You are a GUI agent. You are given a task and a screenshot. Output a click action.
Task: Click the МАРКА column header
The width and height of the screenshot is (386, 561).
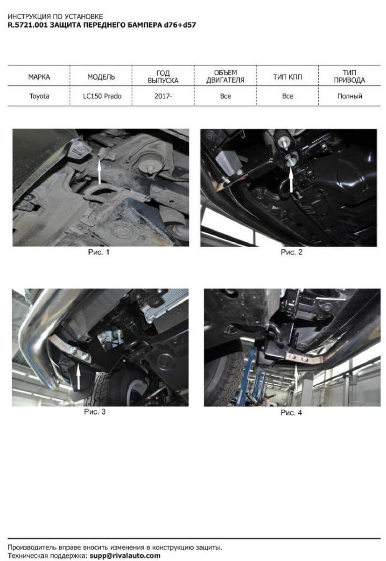(x=39, y=77)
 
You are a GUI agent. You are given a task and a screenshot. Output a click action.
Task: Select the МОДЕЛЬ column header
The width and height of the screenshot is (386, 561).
(x=101, y=77)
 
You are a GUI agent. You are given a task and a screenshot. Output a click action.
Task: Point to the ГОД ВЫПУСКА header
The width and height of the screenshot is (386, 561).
(x=163, y=77)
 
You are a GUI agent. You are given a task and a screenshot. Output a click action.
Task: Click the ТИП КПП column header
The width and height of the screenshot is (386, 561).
(x=288, y=77)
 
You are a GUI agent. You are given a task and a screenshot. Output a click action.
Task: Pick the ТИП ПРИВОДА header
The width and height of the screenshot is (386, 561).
(x=350, y=76)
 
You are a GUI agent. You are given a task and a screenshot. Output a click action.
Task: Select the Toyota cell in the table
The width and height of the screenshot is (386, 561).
(x=39, y=96)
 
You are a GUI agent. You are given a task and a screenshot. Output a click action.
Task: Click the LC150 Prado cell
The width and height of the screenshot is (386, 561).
(x=102, y=96)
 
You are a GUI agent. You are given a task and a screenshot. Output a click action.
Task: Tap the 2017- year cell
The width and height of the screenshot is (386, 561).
(x=163, y=96)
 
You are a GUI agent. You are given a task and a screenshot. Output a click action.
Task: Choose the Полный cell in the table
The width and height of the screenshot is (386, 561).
(x=350, y=96)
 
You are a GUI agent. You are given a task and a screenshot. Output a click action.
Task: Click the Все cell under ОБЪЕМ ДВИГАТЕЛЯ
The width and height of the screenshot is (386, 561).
(x=225, y=96)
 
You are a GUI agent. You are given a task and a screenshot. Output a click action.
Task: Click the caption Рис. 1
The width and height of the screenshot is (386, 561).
(x=99, y=252)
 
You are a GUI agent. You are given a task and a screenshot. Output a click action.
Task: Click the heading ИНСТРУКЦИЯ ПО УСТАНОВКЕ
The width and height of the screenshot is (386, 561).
(x=55, y=16)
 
